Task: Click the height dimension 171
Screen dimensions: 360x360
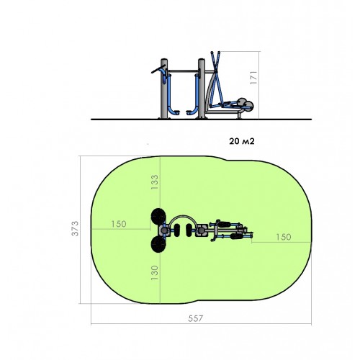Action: pos(253,78)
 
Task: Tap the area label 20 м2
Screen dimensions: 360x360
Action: pos(242,141)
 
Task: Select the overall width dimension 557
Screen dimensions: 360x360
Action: pos(195,318)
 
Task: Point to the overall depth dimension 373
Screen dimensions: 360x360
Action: pos(75,228)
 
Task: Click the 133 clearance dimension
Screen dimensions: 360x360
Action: pos(155,182)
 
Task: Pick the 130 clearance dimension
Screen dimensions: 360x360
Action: pos(155,273)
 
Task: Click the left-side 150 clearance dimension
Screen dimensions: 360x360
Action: pos(119,224)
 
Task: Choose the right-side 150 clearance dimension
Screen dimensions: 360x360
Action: pos(284,237)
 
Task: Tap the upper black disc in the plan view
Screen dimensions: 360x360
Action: pos(158,217)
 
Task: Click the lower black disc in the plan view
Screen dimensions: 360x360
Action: pos(158,244)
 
